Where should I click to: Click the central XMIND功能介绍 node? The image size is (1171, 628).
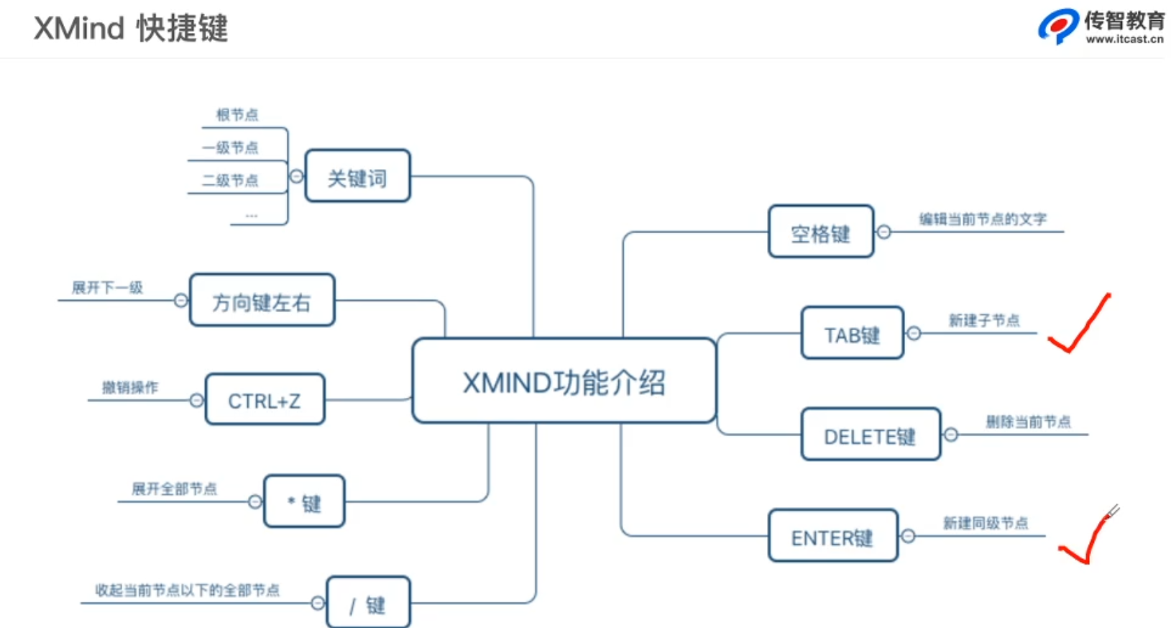pyautogui.click(x=564, y=381)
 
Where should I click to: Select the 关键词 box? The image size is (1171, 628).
pyautogui.click(x=357, y=176)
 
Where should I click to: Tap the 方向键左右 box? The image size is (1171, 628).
pyautogui.click(x=262, y=301)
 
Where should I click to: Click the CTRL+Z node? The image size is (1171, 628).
pyautogui.click(x=265, y=400)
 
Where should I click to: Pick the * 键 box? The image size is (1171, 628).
pyautogui.click(x=304, y=502)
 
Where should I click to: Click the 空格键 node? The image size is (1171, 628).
pyautogui.click(x=820, y=232)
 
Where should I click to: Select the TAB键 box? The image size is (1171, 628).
pyautogui.click(x=852, y=334)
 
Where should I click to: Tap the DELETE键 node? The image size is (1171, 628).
pyautogui.click(x=870, y=435)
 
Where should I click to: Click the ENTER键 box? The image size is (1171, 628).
pyautogui.click(x=832, y=537)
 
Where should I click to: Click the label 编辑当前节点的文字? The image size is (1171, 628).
pyautogui.click(x=983, y=219)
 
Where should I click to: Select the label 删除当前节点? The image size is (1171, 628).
pyautogui.click(x=1028, y=422)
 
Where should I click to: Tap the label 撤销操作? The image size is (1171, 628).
pyautogui.click(x=130, y=387)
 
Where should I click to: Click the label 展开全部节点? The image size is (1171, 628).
pyautogui.click(x=174, y=488)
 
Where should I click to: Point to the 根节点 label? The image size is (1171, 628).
pyautogui.click(x=237, y=114)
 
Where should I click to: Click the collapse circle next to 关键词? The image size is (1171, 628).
pyautogui.click(x=296, y=176)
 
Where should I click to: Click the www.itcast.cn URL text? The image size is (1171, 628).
pyautogui.click(x=1124, y=40)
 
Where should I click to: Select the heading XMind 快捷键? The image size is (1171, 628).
pyautogui.click(x=131, y=29)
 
